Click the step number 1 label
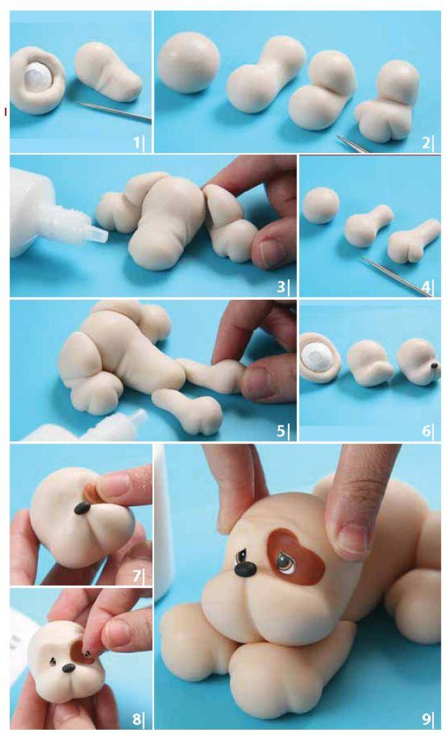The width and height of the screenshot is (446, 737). pos(137,142)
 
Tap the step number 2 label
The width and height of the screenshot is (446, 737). pos(426,142)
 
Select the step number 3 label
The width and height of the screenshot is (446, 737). pos(281,285)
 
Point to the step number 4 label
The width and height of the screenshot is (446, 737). pos(426,285)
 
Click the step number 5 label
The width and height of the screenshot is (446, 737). pos(281,430)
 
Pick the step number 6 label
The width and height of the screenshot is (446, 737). pos(426,430)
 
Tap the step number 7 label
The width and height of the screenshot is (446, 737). pos(137,575)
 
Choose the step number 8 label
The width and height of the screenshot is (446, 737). pos(137,719)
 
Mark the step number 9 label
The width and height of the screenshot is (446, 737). pos(426,719)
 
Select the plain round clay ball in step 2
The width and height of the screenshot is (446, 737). pos(188,62)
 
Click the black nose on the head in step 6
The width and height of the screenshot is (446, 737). pos(434,365)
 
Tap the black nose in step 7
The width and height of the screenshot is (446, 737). pos(83,508)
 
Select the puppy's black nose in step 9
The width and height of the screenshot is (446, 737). pos(245,569)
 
